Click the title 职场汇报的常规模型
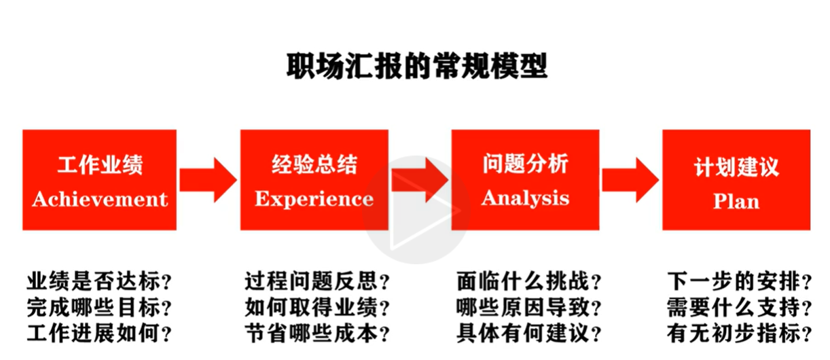[x=416, y=68]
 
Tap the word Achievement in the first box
[x=99, y=199]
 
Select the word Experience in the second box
[x=314, y=199]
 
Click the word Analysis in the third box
[x=525, y=198]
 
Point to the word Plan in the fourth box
[x=736, y=202]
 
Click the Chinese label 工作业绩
[x=100, y=166]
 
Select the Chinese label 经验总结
[x=314, y=165]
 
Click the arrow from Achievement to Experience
[x=208, y=180]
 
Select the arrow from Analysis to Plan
[x=630, y=180]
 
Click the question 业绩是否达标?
[x=99, y=281]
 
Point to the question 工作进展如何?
[x=99, y=334]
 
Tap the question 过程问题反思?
[x=318, y=281]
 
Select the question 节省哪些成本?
[x=318, y=334]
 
